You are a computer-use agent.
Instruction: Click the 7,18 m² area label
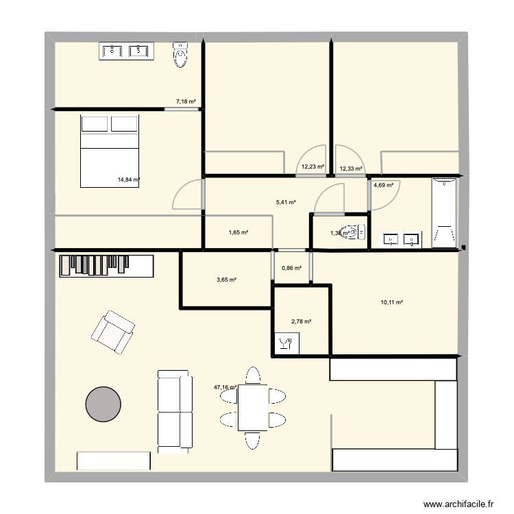pyautogui.click(x=186, y=101)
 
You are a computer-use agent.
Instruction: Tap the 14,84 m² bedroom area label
pyautogui.click(x=129, y=180)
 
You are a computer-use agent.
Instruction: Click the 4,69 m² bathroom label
pyautogui.click(x=384, y=184)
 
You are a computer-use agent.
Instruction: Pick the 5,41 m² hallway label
pyautogui.click(x=286, y=202)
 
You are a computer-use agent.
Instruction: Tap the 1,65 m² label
pyautogui.click(x=238, y=233)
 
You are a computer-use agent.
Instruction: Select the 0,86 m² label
pyautogui.click(x=292, y=268)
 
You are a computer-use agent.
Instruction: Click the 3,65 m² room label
pyautogui.click(x=226, y=280)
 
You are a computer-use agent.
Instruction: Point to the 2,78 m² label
pyautogui.click(x=302, y=321)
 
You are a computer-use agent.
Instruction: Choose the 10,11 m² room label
pyautogui.click(x=391, y=302)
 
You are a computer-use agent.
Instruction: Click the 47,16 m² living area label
pyautogui.click(x=225, y=387)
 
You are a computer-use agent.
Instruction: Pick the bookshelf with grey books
pyautogui.click(x=106, y=266)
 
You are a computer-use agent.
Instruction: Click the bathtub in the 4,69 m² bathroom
pyautogui.click(x=444, y=212)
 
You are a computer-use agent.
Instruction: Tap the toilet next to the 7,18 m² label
pyautogui.click(x=180, y=53)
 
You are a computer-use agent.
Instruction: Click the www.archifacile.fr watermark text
pyautogui.click(x=459, y=504)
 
